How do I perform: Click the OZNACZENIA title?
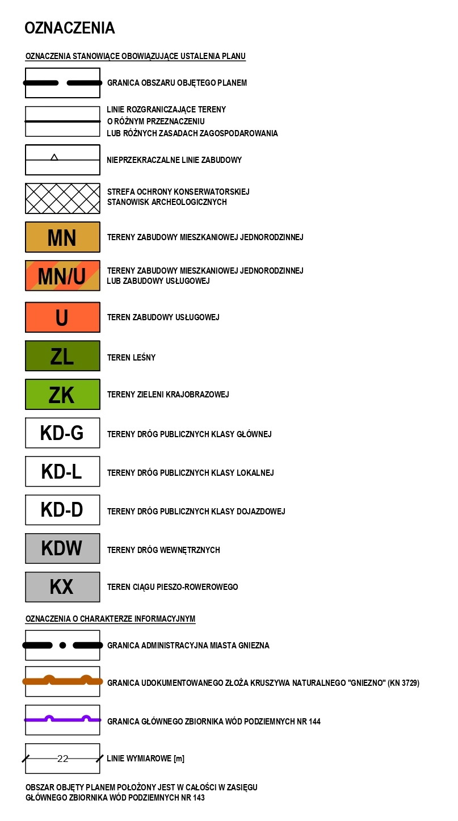(69, 28)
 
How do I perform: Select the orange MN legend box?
(62, 237)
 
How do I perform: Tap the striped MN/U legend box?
(62, 276)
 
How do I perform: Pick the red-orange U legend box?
(62, 317)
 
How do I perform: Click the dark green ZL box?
(62, 356)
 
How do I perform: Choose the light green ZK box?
(62, 395)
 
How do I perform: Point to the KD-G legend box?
(62, 433)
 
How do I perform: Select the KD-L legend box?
(62, 472)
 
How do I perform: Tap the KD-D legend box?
(62, 510)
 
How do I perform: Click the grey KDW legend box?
(62, 548)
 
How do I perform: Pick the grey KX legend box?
(62, 587)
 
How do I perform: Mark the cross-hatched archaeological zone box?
(62, 198)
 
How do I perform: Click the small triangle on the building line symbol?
(54, 157)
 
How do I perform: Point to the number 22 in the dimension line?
(62, 759)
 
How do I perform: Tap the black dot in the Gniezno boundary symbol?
(63, 645)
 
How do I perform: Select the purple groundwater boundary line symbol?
(62, 719)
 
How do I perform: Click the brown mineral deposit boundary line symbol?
(62, 681)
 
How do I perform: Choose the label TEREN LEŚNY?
(131, 358)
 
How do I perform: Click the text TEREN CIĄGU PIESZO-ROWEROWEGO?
(173, 587)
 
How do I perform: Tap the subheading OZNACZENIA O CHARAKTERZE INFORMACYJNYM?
(110, 619)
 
